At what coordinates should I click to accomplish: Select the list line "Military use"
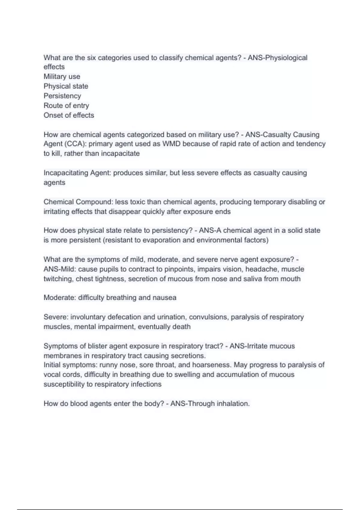point(62,76)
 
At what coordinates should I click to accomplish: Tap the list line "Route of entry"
point(66,106)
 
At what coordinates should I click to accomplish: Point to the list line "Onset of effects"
point(69,115)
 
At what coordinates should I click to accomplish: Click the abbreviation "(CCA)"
point(75,144)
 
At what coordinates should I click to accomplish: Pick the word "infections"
point(146,384)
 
